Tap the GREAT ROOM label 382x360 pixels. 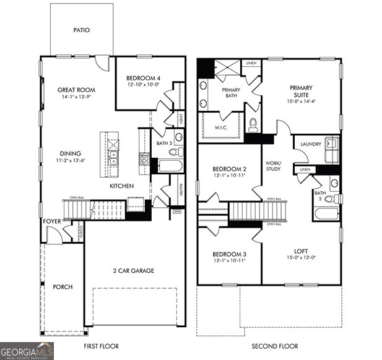77,90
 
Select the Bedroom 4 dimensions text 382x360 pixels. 143,85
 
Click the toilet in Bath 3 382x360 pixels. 174,152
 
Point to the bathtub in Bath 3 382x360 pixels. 169,166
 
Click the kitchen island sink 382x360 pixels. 113,158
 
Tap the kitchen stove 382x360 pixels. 144,163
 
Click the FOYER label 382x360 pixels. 51,221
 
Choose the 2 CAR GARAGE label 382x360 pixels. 133,270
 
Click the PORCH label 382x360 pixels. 63,287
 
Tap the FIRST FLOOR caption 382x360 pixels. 101,346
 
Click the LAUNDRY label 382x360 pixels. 310,144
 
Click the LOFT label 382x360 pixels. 301,251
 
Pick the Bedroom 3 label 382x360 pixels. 229,254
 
